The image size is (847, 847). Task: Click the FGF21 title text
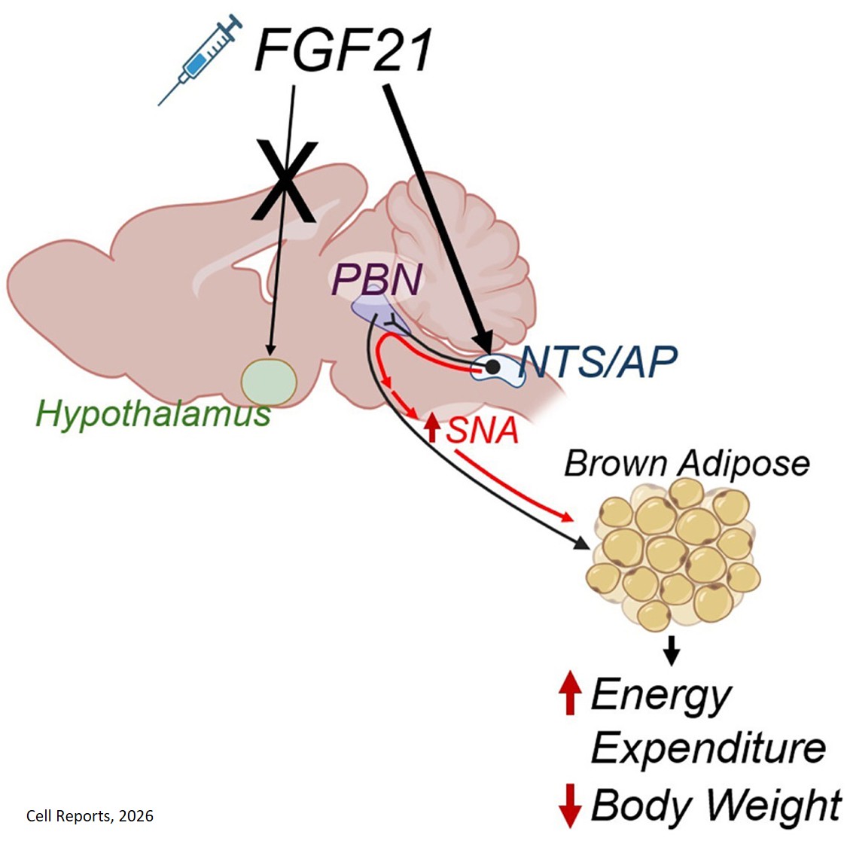[x=344, y=50]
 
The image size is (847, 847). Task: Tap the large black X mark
[x=283, y=181]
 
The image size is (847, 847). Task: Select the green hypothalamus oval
[x=269, y=382]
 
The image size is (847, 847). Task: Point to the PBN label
[x=376, y=280]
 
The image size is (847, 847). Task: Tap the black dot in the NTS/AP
[x=492, y=367]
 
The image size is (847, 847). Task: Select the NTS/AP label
[x=599, y=362]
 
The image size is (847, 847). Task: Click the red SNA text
[x=483, y=430]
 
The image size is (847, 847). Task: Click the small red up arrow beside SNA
[x=432, y=428]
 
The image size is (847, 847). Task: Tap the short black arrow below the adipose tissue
[x=672, y=649]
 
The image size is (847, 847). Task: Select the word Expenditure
[x=708, y=748]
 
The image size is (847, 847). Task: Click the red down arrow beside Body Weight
[x=570, y=805]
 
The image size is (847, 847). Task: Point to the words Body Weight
[x=716, y=805]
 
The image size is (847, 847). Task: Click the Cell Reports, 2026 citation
[x=90, y=816]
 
